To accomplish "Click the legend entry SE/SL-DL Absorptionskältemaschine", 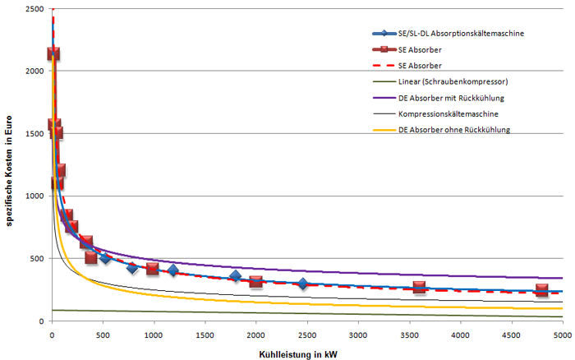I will (460, 34).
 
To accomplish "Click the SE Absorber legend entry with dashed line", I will (421, 66).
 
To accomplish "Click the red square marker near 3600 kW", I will (420, 287).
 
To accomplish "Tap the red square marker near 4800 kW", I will (541, 290).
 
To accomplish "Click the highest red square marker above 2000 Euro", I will (53, 53).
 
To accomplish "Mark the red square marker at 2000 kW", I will (256, 282).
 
